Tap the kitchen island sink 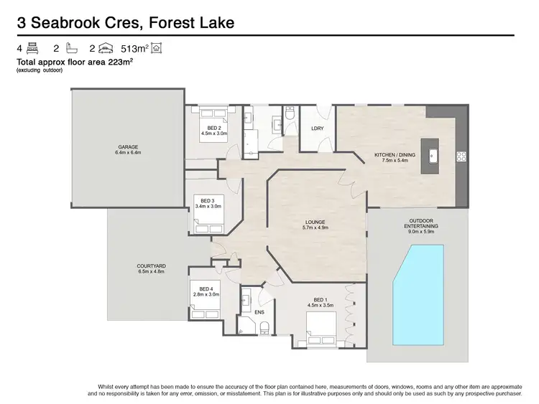[x=433, y=155]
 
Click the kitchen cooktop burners [x=460, y=156]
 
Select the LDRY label [x=318, y=128]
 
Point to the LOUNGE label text [x=315, y=222]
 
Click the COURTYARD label [x=151, y=266]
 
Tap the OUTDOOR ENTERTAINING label [x=420, y=222]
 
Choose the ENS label [x=259, y=312]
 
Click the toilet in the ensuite [x=264, y=328]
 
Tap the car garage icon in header [x=104, y=49]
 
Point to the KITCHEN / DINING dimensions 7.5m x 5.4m [x=395, y=161]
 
